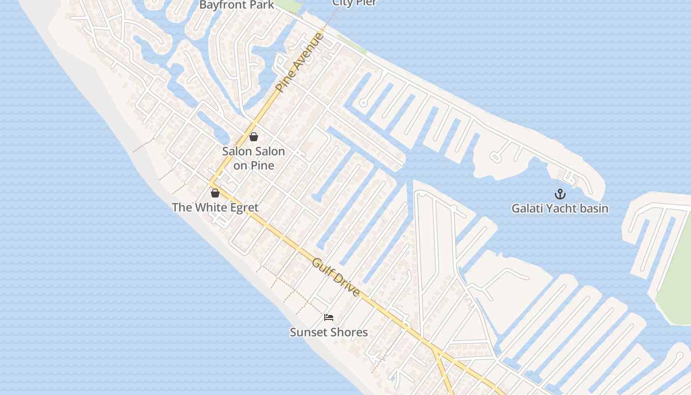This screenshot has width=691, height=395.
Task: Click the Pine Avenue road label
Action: coord(300,62)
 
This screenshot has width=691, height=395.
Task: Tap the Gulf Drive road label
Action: coord(336,277)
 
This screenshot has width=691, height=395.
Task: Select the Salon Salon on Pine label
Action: coord(254,158)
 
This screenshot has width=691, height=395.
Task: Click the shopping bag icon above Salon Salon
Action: coord(254,137)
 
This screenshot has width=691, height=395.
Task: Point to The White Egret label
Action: coord(215,207)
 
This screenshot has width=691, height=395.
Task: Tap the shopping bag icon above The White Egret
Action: coord(215,193)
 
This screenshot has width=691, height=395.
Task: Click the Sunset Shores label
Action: coord(329,332)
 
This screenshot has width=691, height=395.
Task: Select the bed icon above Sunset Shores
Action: coord(329,317)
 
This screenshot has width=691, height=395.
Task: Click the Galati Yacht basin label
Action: coord(560,208)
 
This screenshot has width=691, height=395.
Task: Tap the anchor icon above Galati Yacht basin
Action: coord(560,194)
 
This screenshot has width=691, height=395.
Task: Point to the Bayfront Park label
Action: coord(236,5)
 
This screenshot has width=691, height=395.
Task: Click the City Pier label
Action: coord(354,2)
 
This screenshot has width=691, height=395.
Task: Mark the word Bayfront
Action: coord(221,5)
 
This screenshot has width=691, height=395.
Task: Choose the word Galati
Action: coord(526,208)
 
